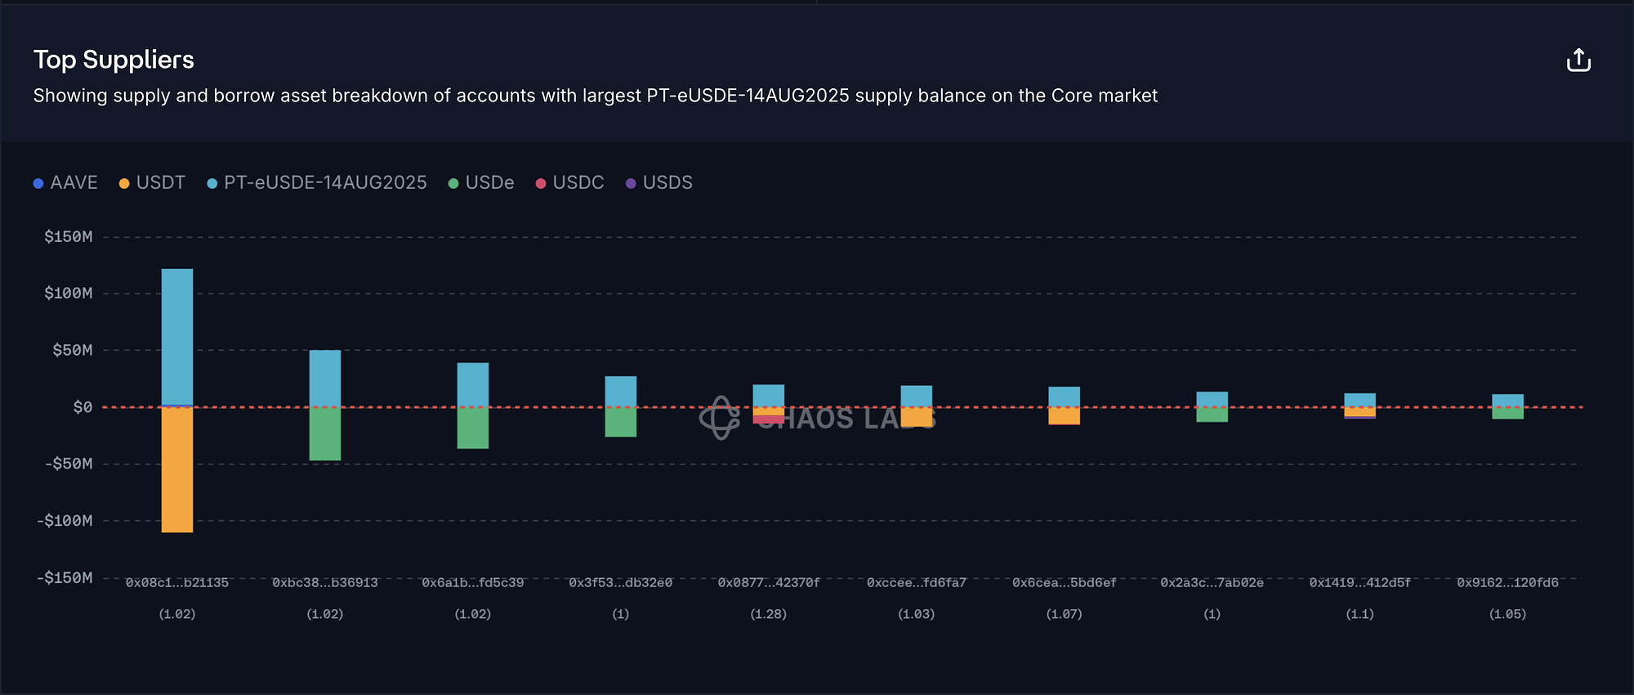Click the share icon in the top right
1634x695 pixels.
[x=1578, y=61]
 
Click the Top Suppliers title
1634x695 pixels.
[x=114, y=60]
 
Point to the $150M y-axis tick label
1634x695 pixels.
[x=69, y=237]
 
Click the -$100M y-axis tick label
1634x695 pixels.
[x=65, y=521]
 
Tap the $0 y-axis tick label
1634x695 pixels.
[x=83, y=407]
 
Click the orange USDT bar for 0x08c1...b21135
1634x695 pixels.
[x=177, y=470]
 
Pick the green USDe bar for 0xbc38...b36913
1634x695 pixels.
[x=325, y=434]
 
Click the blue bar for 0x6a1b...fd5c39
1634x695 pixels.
[x=473, y=384]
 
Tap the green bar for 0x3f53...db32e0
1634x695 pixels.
[x=621, y=422]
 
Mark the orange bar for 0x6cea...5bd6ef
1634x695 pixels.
[x=1065, y=416]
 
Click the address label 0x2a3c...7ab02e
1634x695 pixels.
[x=1212, y=583]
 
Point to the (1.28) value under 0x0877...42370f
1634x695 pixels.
[x=769, y=614]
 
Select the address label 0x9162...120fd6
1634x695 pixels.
[x=1507, y=583]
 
